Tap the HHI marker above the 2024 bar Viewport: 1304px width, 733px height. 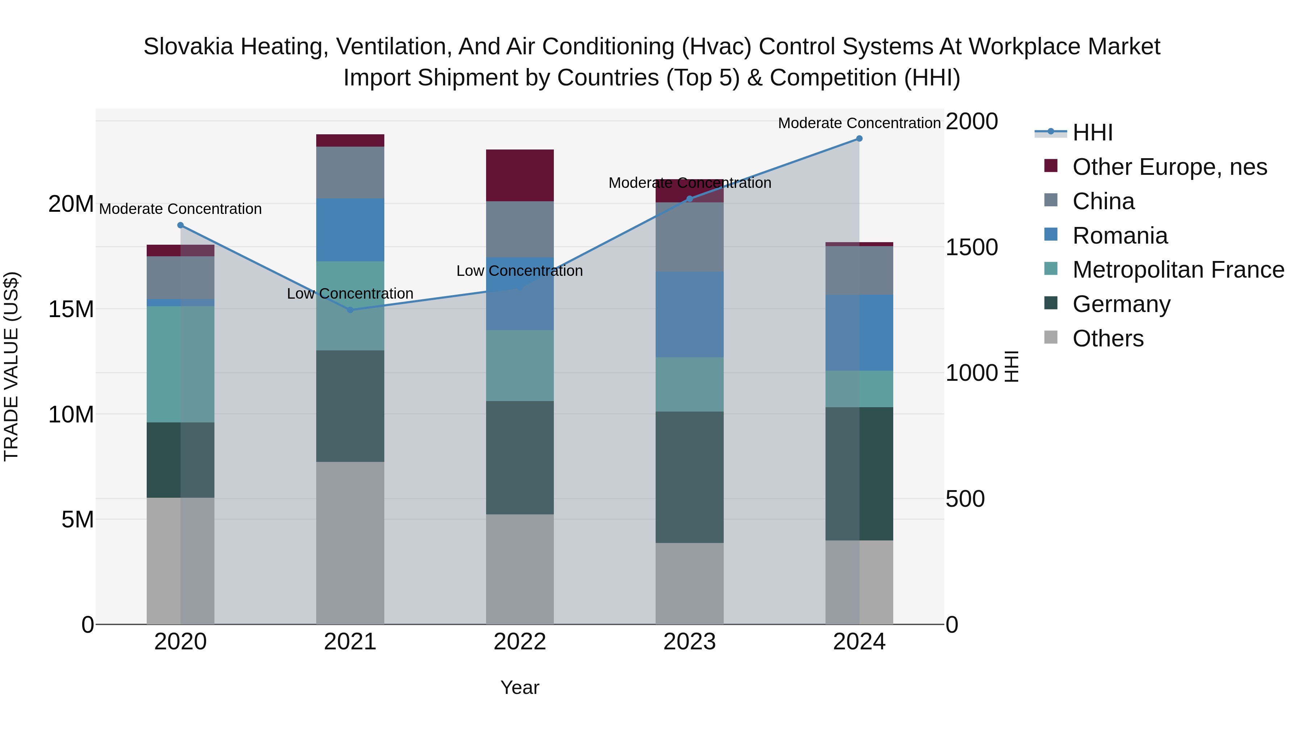coord(859,139)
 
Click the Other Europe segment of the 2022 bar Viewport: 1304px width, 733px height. coord(519,175)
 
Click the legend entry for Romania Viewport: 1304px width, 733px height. coord(1119,236)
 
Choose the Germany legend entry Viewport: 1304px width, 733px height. coord(1121,304)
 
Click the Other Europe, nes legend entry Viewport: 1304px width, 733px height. coord(1169,167)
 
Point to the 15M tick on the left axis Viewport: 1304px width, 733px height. coord(71,309)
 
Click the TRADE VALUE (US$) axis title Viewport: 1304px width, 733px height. coord(11,366)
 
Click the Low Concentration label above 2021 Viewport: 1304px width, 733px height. coord(350,294)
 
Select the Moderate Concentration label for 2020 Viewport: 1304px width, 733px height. coord(180,209)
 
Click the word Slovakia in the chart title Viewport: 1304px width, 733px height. coord(187,47)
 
